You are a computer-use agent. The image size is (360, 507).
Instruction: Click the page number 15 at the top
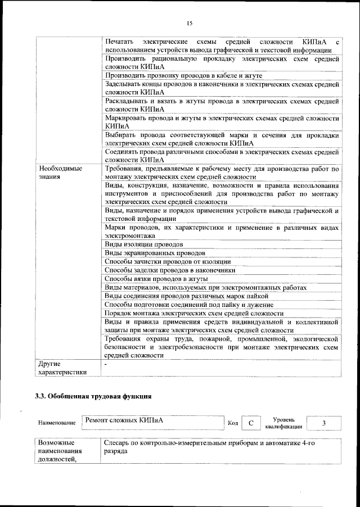189,23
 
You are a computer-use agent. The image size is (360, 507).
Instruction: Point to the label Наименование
57,423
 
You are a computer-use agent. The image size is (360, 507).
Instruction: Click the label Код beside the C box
233,423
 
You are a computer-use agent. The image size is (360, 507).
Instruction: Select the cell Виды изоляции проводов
144,245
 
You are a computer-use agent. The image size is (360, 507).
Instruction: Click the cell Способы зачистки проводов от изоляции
168,262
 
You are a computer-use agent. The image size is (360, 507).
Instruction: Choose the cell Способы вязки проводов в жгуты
157,279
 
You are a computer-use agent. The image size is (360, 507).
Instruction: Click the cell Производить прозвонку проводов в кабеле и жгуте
183,75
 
